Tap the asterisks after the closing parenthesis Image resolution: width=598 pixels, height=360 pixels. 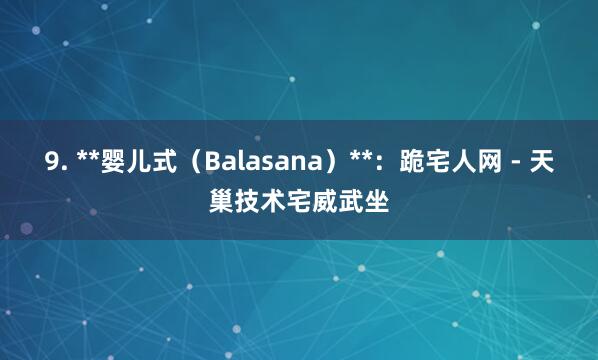(x=361, y=158)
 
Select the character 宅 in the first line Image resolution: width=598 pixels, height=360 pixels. (x=440, y=160)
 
